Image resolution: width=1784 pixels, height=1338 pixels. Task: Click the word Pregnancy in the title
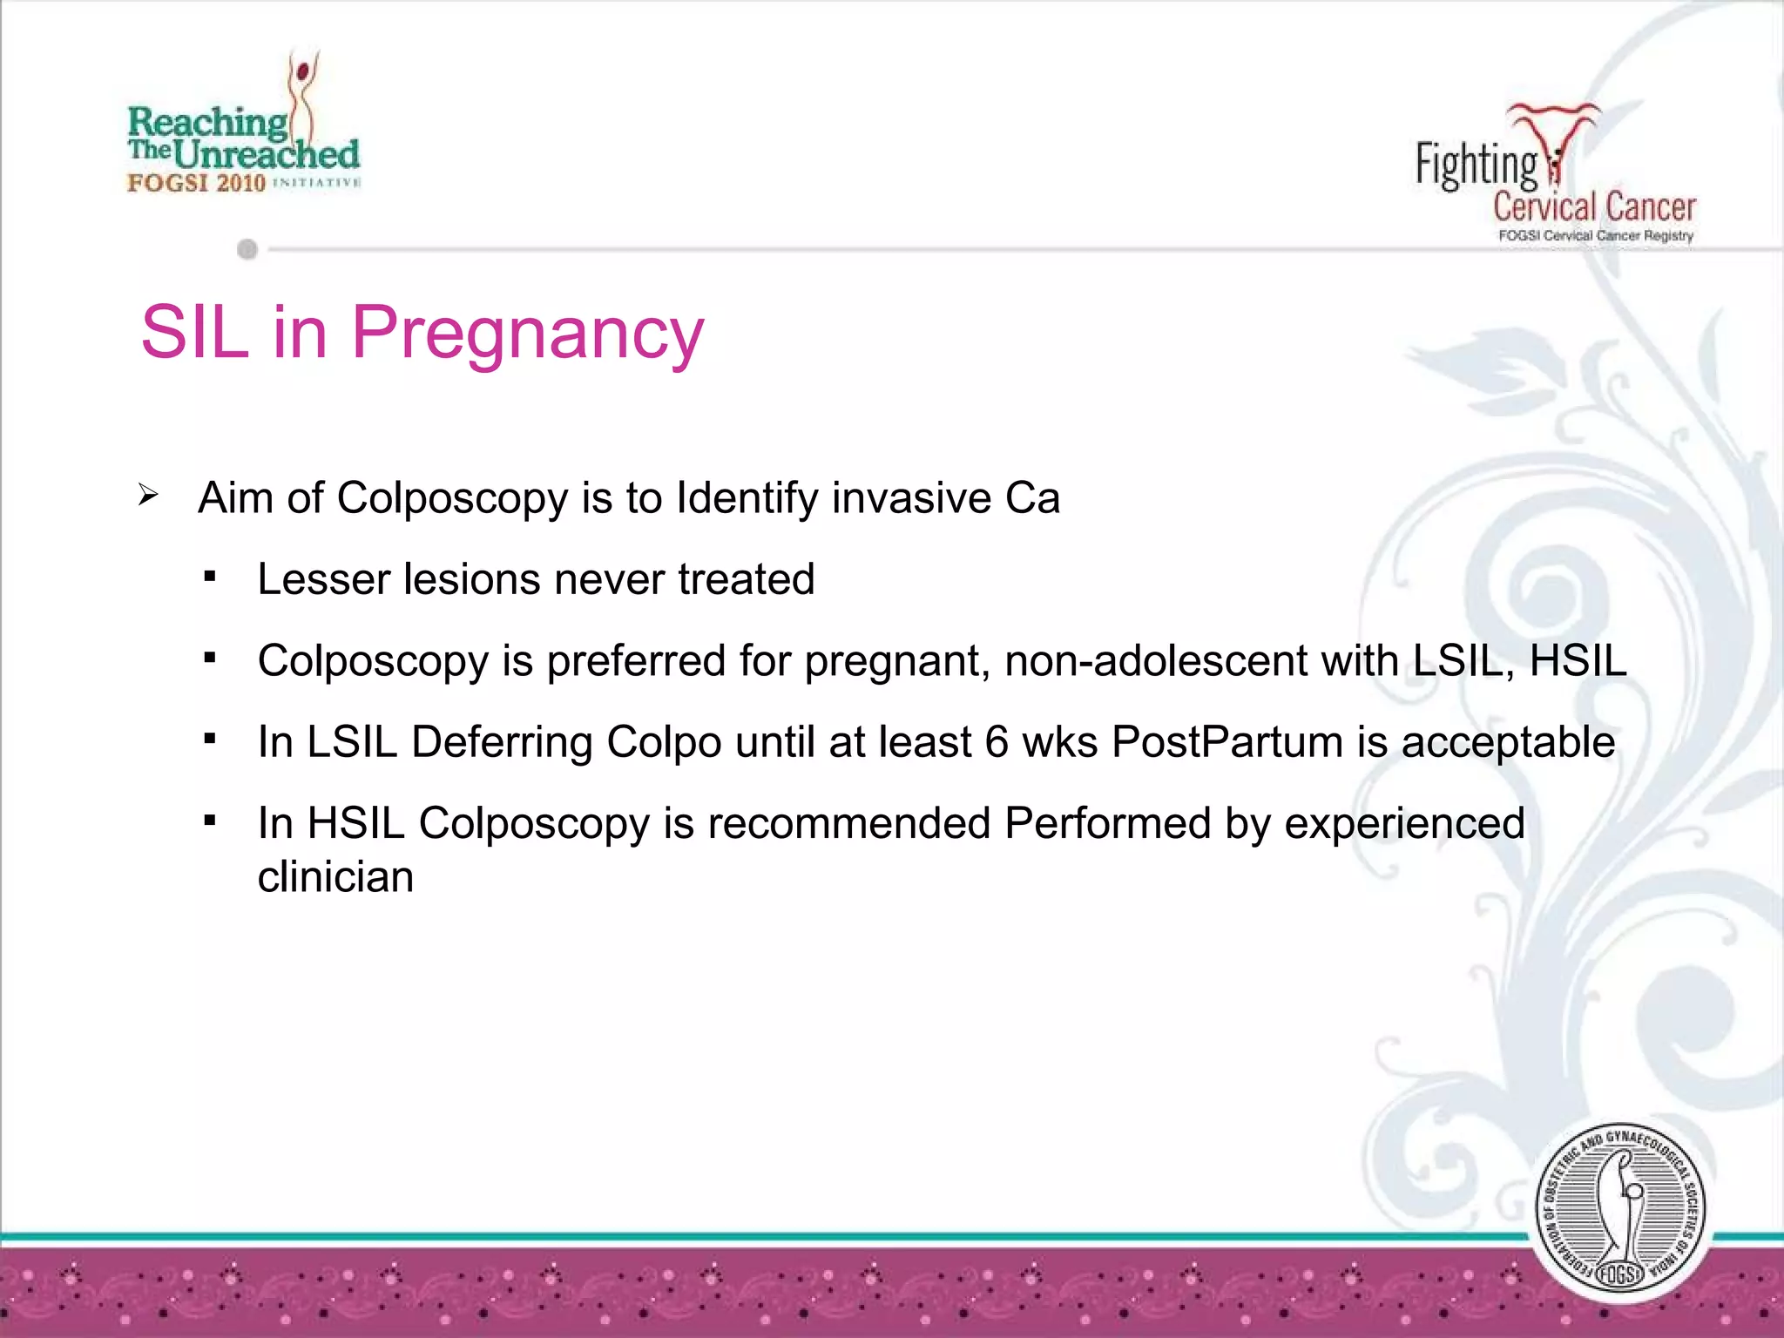[x=527, y=334]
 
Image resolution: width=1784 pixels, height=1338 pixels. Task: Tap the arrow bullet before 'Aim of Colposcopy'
[x=148, y=496]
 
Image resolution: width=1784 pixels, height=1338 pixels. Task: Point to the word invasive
[x=911, y=498]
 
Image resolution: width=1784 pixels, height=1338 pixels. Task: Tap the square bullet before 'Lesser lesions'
[x=210, y=577]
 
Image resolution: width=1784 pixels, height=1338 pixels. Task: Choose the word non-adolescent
[x=1155, y=660]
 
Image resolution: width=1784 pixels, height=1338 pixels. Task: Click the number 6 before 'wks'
[x=997, y=742]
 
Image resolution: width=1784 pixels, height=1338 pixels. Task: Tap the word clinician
[x=335, y=877]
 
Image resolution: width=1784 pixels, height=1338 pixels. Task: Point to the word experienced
[x=1404, y=823]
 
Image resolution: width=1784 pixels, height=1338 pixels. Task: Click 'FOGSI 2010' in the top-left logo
[x=196, y=183]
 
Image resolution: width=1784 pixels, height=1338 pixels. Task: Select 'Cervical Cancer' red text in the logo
[x=1594, y=207]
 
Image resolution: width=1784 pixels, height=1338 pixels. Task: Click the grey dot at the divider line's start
[x=247, y=250]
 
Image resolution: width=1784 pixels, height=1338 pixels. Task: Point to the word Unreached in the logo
[x=267, y=155]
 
